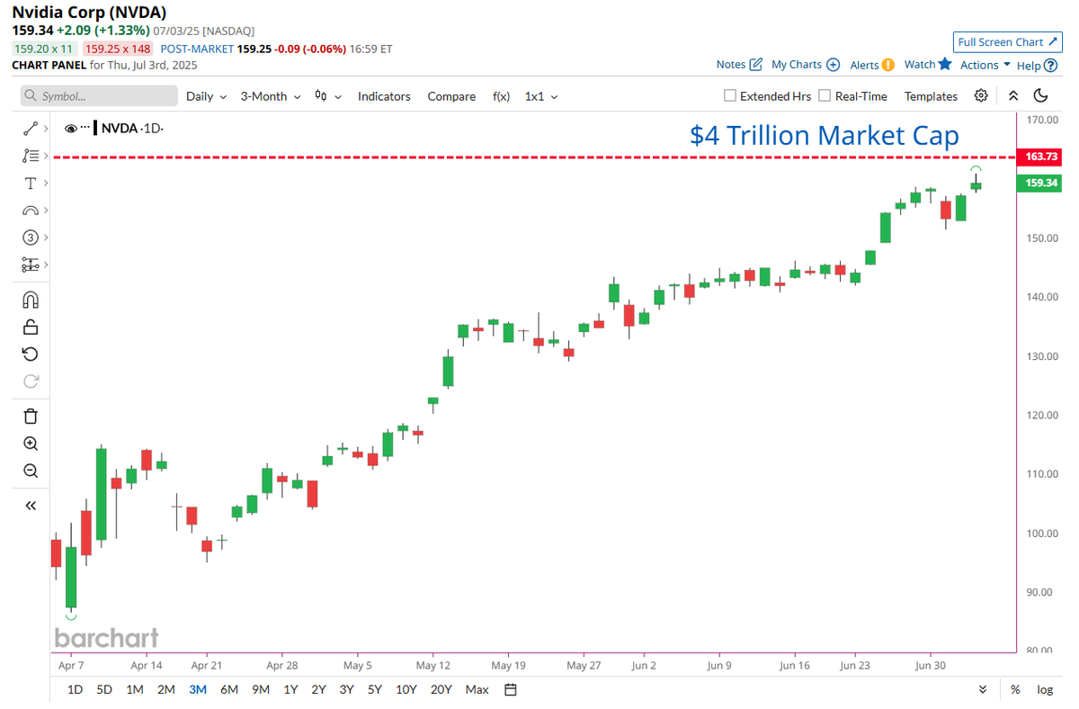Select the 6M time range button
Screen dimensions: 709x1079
pyautogui.click(x=229, y=689)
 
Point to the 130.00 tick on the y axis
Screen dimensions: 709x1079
pyautogui.click(x=1040, y=356)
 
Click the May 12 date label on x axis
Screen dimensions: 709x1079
pyautogui.click(x=432, y=665)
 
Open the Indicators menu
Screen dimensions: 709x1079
pyautogui.click(x=384, y=96)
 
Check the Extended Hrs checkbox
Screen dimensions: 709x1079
pyautogui.click(x=731, y=96)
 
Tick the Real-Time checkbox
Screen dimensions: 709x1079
pyautogui.click(x=825, y=96)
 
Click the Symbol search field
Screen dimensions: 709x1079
pyautogui.click(x=99, y=96)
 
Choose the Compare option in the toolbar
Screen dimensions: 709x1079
pyautogui.click(x=451, y=96)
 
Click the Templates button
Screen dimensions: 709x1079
pyautogui.click(x=931, y=96)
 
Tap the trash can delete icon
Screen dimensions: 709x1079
pyautogui.click(x=31, y=416)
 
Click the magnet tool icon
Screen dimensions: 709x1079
pyautogui.click(x=31, y=300)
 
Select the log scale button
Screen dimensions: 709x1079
pyautogui.click(x=1044, y=689)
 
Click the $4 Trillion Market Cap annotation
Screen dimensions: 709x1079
pyautogui.click(x=824, y=135)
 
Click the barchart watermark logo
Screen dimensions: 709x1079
pyautogui.click(x=106, y=638)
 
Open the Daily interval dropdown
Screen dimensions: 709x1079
pyautogui.click(x=206, y=96)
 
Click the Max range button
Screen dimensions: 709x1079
pyautogui.click(x=477, y=689)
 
